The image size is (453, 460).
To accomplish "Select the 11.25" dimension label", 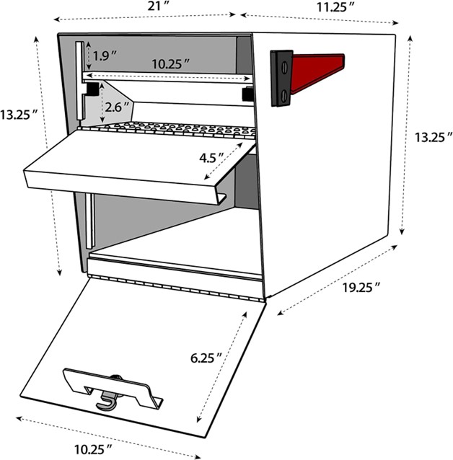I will click(x=335, y=6).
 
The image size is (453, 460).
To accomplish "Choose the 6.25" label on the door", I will click(x=205, y=356).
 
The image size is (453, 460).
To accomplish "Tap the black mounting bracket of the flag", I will click(x=282, y=77).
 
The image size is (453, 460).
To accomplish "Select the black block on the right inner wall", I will click(x=247, y=94).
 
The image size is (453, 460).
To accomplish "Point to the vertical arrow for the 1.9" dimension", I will click(x=88, y=51).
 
